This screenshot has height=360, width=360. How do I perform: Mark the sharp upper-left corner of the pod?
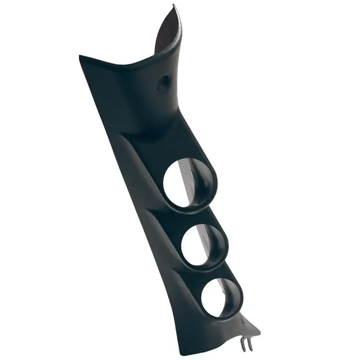(x=80, y=57)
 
